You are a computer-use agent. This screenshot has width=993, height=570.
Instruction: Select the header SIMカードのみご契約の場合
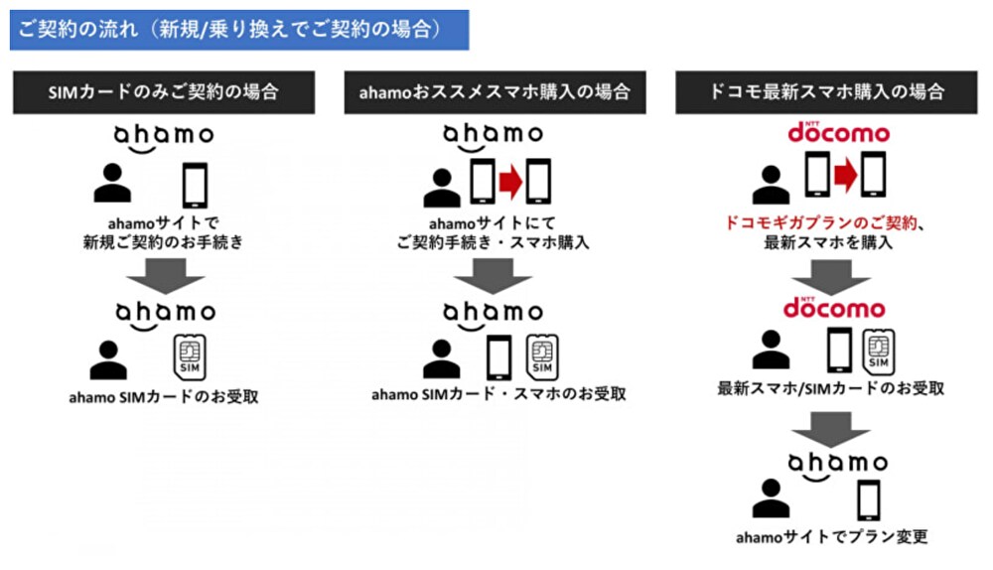click(164, 92)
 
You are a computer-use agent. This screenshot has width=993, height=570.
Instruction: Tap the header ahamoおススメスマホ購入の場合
click(494, 92)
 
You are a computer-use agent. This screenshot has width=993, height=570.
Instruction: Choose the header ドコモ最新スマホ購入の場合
click(824, 92)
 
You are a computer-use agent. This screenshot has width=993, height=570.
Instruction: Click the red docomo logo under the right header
click(824, 132)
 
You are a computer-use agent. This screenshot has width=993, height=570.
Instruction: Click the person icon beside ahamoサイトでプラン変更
click(770, 498)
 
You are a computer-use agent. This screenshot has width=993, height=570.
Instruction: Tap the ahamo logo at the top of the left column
click(163, 134)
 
